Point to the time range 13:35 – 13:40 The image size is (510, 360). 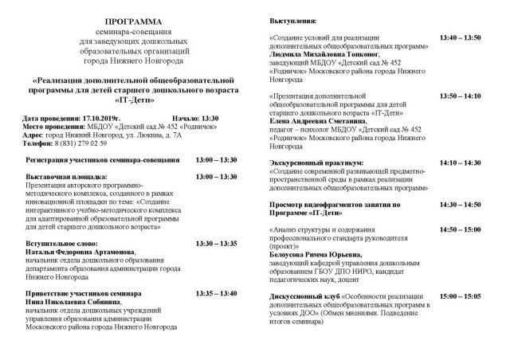click(x=217, y=293)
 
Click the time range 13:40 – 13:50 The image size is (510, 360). click(x=461, y=37)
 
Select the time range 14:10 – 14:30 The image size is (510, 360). click(x=461, y=162)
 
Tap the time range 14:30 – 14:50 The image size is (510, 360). click(x=461, y=205)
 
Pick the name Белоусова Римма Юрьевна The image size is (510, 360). click(x=315, y=255)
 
